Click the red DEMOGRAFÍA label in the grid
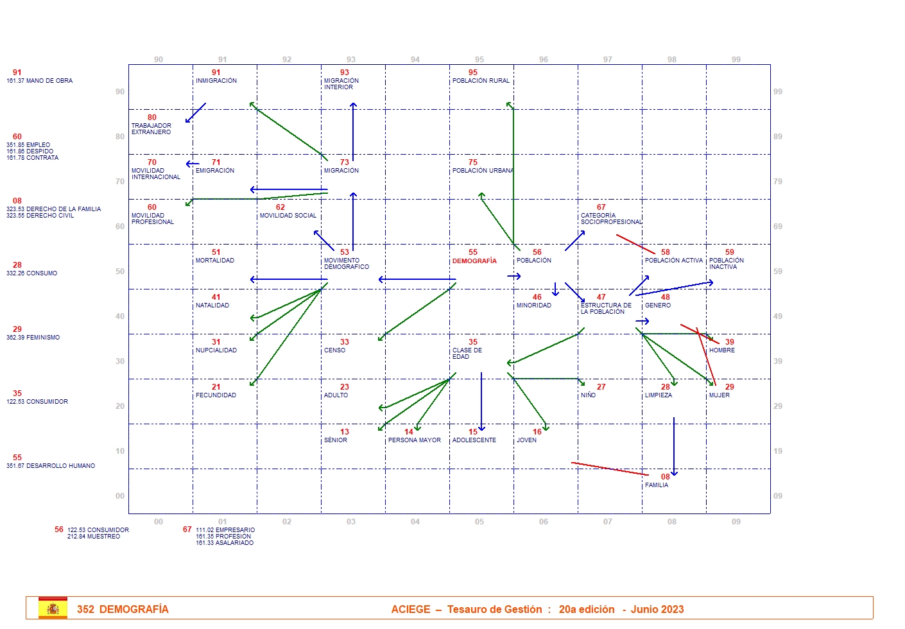(474, 261)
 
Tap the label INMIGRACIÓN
(216, 81)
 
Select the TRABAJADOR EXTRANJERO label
(151, 129)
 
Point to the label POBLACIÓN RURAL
(481, 81)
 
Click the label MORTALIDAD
(215, 261)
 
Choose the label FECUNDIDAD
(216, 395)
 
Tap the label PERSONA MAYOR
(414, 440)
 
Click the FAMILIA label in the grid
(657, 485)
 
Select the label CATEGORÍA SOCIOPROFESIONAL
(610, 219)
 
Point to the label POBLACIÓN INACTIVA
(726, 264)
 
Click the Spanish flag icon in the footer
(53, 608)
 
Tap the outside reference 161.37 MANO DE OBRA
(40, 81)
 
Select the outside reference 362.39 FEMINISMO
(33, 338)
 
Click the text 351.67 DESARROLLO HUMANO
(51, 466)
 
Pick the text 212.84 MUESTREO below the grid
(94, 537)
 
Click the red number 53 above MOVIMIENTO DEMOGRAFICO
(345, 252)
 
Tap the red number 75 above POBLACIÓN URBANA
(473, 162)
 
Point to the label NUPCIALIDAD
(216, 350)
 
